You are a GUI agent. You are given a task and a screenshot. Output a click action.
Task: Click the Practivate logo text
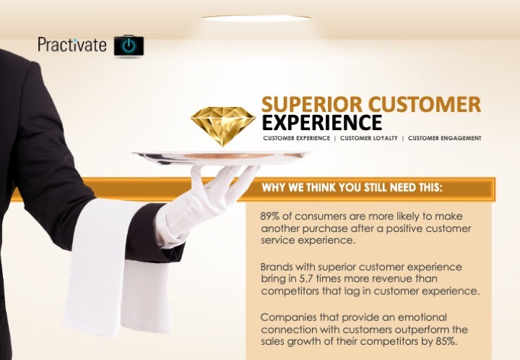click(72, 45)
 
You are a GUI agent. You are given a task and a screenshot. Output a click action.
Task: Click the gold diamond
click(223, 126)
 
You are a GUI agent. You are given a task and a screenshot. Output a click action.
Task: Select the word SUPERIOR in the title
click(312, 104)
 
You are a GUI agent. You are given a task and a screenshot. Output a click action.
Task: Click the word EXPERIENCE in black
click(322, 122)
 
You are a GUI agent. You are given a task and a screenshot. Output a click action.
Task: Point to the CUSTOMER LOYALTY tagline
click(369, 138)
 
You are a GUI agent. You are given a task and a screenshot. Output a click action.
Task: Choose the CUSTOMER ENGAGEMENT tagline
click(445, 138)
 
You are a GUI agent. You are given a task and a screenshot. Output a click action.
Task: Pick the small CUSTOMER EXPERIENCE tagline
click(297, 138)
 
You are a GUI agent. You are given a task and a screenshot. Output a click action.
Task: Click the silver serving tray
click(222, 158)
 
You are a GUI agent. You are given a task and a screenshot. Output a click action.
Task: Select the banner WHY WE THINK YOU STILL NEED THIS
click(352, 187)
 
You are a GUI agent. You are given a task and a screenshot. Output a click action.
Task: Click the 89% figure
click(270, 216)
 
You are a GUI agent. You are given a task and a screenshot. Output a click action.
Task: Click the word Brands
click(277, 267)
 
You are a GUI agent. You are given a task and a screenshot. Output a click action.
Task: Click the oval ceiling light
click(256, 18)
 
